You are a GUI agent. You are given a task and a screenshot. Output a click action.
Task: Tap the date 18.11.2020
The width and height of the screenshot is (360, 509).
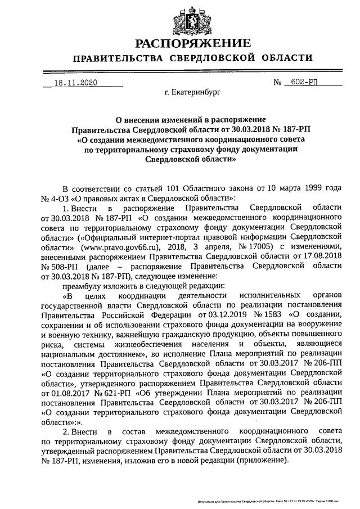(x=74, y=82)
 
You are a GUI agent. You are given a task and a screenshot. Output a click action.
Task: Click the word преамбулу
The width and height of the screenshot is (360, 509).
(x=84, y=285)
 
